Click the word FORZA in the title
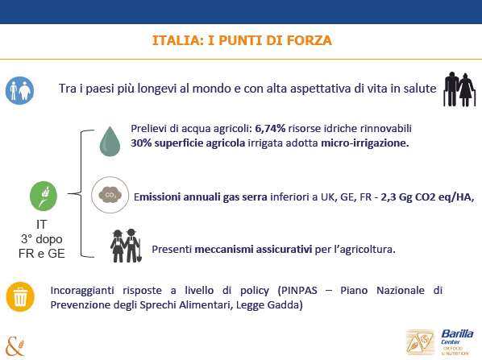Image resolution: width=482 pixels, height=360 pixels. tap(309, 40)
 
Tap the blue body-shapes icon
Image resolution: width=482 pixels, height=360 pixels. tap(19, 90)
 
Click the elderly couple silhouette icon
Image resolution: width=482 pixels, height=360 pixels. tap(459, 89)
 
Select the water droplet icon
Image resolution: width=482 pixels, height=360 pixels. tap(110, 141)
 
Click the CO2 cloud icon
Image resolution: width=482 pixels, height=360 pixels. tap(110, 195)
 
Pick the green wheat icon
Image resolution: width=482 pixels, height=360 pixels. tap(44, 196)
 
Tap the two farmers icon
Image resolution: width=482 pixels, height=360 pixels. tap(126, 246)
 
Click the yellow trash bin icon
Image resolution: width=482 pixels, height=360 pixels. tap(20, 296)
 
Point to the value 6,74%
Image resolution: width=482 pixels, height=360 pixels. tap(270, 128)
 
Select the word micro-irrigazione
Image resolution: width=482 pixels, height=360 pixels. tap(365, 143)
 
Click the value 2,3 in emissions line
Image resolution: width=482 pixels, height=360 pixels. tap(389, 197)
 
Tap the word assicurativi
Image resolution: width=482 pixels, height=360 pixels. tap(284, 249)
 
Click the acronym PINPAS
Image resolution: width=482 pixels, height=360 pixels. tap(299, 290)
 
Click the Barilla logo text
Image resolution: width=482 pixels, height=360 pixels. tap(457, 333)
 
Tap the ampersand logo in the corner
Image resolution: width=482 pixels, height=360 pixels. tap(15, 347)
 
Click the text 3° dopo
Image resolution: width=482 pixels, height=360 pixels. tap(42, 239)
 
